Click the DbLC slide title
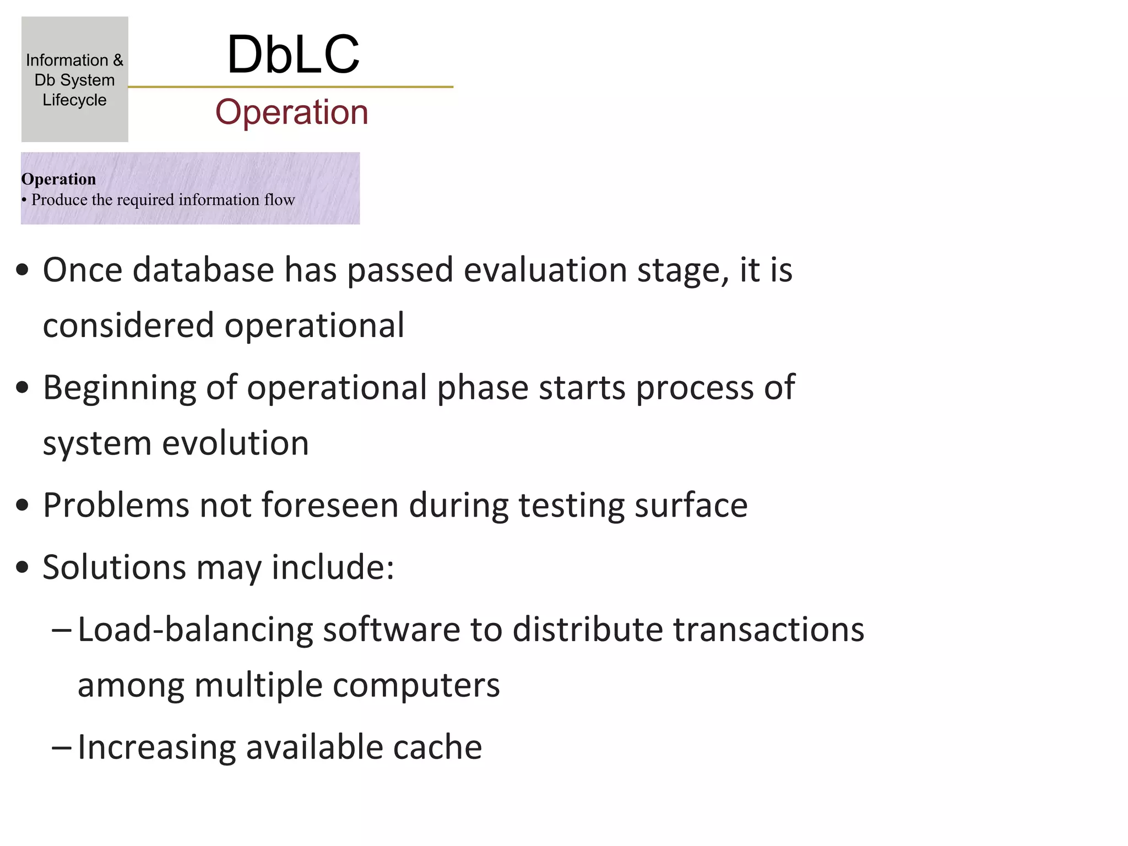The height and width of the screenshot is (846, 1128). coord(293,55)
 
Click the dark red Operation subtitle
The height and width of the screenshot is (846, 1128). coord(291,112)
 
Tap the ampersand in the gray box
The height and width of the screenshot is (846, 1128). coord(118,60)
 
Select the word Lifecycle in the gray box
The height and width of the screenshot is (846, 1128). coord(74,100)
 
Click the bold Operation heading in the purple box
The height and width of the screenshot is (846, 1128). coord(58,179)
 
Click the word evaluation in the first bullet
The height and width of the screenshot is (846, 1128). coord(545,270)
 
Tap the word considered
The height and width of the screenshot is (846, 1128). coord(128,325)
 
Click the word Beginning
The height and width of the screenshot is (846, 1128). coord(120,388)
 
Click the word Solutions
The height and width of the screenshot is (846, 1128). coord(115,567)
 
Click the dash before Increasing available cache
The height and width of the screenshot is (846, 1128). coord(61,747)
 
